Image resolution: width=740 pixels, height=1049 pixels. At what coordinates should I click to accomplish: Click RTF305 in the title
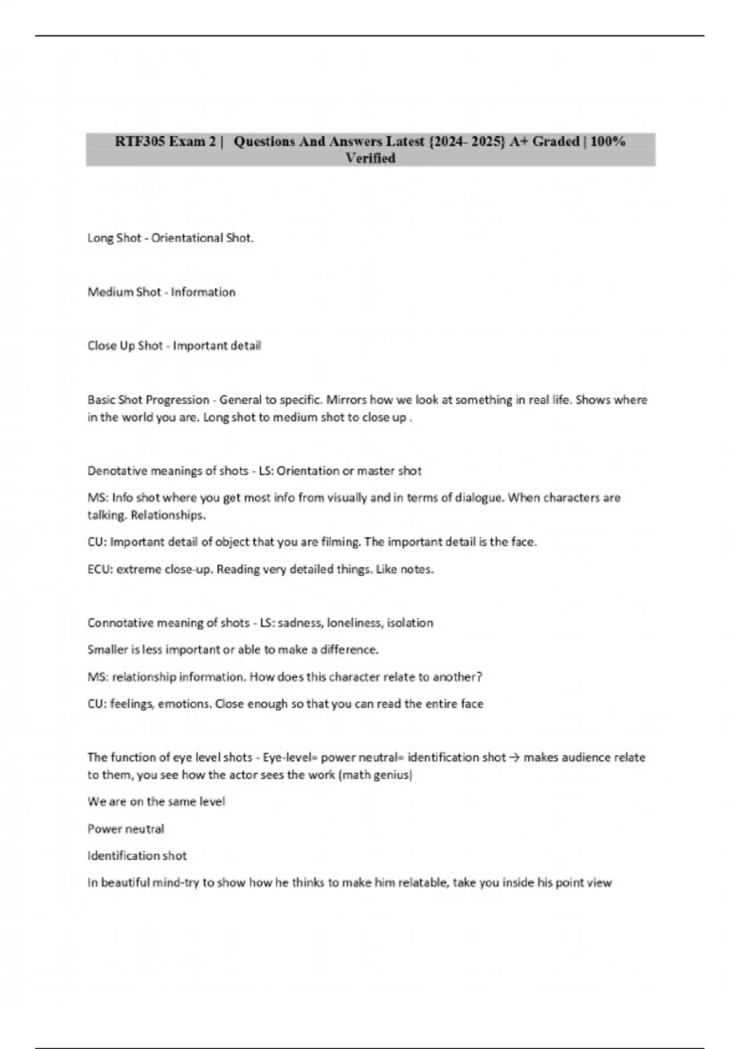pyautogui.click(x=140, y=141)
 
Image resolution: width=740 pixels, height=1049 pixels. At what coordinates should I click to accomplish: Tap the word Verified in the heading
pyautogui.click(x=370, y=159)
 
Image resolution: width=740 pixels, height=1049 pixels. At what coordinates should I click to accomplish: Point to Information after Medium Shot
pyautogui.click(x=203, y=292)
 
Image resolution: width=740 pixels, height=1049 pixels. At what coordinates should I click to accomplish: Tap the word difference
pyautogui.click(x=349, y=650)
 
